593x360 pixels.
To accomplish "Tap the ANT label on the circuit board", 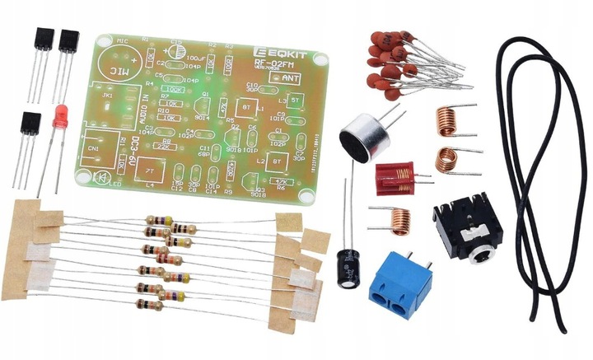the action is point(290,77).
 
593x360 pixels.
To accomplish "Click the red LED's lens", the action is point(59,118).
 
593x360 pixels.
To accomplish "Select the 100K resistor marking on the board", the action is point(174,88).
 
